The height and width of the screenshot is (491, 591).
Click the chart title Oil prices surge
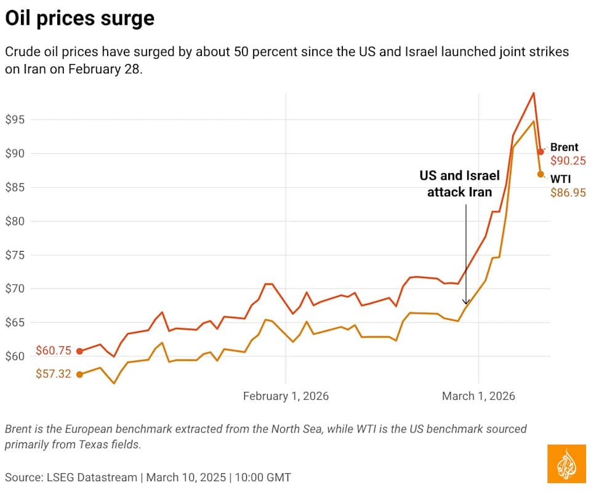(x=79, y=18)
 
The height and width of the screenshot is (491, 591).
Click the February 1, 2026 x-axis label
(x=286, y=396)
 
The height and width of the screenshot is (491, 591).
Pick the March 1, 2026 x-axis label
(x=478, y=396)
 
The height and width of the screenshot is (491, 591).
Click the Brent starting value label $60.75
(x=54, y=351)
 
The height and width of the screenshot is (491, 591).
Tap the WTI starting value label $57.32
(x=54, y=374)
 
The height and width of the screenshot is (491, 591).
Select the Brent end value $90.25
(x=568, y=160)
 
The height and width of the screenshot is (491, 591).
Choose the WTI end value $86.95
(x=568, y=193)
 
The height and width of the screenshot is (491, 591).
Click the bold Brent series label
(x=565, y=147)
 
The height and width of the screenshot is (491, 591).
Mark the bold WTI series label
(x=560, y=179)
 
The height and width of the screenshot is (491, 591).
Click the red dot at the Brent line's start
(x=79, y=351)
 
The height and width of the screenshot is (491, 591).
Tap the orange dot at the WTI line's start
(x=79, y=374)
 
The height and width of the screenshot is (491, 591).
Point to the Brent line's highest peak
(x=533, y=93)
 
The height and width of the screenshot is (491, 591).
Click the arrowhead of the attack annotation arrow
(x=466, y=302)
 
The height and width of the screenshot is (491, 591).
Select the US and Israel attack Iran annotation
(x=460, y=184)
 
